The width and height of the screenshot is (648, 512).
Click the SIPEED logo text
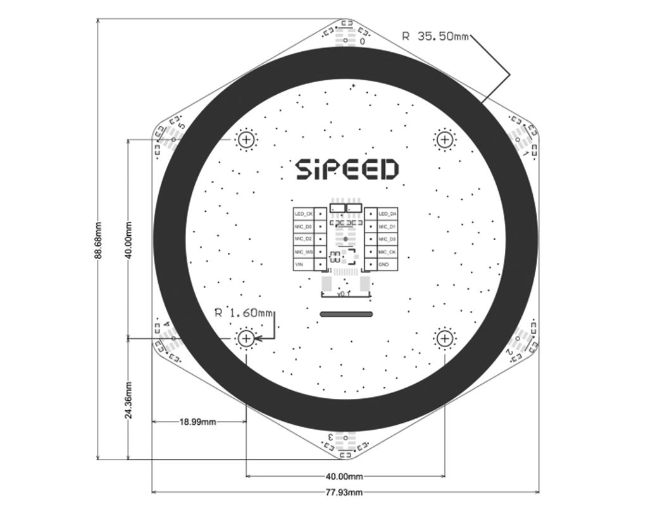pyautogui.click(x=347, y=169)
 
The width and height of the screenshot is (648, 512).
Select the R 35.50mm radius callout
pyautogui.click(x=435, y=36)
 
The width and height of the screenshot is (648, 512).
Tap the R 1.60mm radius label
pyautogui.click(x=244, y=312)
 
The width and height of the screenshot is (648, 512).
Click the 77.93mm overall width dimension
pyautogui.click(x=346, y=492)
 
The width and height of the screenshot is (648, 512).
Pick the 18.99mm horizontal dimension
pyautogui.click(x=197, y=422)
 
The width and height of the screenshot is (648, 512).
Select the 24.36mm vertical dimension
pyautogui.click(x=128, y=399)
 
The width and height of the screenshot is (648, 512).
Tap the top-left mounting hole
pyautogui.click(x=246, y=140)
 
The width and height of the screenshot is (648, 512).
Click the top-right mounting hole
pyautogui.click(x=445, y=140)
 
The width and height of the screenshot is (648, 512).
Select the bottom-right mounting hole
pyautogui.click(x=445, y=339)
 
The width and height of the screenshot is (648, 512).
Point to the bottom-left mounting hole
pyautogui.click(x=246, y=339)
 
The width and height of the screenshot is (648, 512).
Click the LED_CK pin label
pyautogui.click(x=303, y=214)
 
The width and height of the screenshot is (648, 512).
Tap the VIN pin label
pyautogui.click(x=300, y=264)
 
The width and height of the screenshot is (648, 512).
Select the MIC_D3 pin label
pyautogui.click(x=387, y=240)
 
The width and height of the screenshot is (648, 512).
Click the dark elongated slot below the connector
pyautogui.click(x=346, y=313)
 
